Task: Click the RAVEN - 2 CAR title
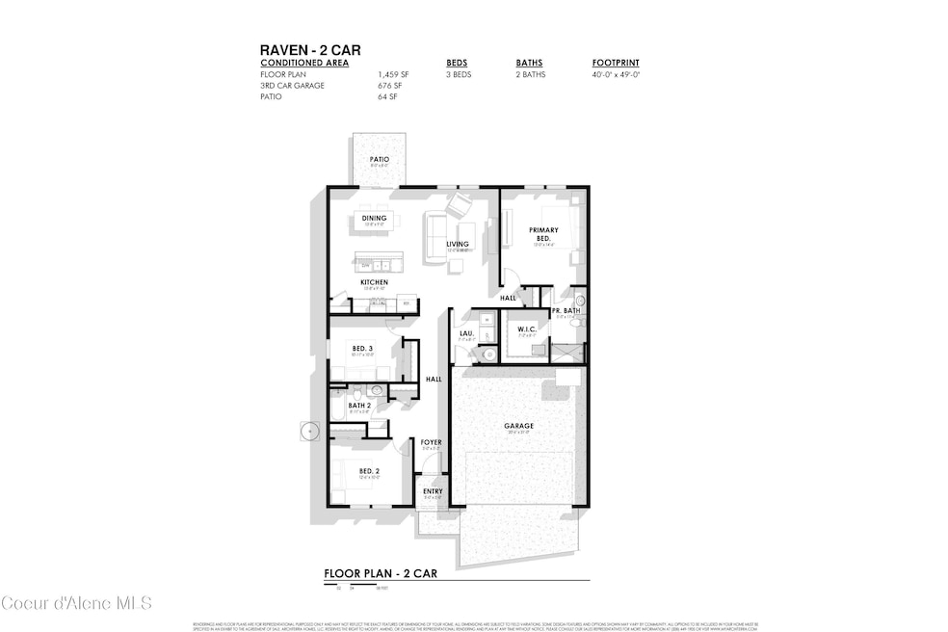point(310,50)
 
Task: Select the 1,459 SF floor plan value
point(393,73)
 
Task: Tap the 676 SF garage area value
point(389,85)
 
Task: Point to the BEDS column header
point(457,63)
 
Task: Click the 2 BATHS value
point(531,74)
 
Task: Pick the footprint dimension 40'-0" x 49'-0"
point(616,74)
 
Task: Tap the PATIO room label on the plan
point(380,159)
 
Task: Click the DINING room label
point(374,219)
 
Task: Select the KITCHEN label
point(374,282)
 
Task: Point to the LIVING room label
point(457,245)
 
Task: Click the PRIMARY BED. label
point(543,233)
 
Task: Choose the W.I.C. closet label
point(526,329)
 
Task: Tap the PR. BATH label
point(566,310)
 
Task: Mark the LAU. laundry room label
point(466,333)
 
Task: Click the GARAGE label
point(518,425)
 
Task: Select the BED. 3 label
point(363,348)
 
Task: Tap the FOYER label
point(431,442)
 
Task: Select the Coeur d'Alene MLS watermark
point(77,603)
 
